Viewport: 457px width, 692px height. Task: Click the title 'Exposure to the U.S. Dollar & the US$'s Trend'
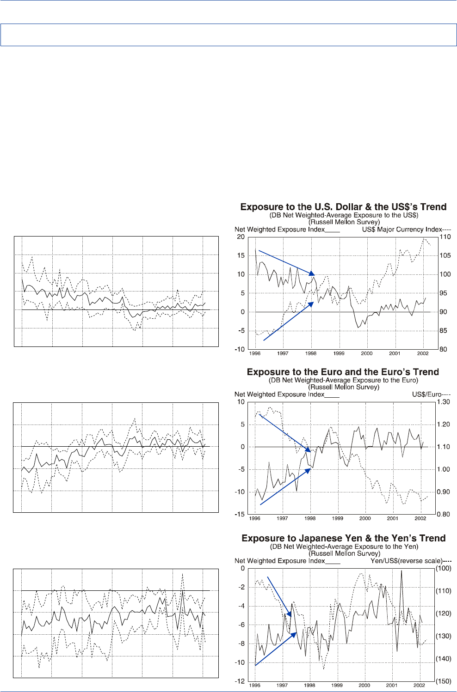pos(343,207)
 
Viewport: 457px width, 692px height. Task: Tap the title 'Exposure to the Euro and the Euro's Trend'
pos(343,372)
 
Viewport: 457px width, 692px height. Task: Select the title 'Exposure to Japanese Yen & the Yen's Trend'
pos(343,538)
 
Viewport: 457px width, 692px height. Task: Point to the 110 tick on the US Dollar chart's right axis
pos(445,237)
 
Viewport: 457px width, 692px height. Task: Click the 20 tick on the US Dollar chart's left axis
pos(241,237)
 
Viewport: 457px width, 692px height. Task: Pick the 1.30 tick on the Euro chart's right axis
pos(443,402)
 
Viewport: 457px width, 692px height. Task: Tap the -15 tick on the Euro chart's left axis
pos(240,515)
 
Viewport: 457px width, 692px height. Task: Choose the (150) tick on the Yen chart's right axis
pos(444,681)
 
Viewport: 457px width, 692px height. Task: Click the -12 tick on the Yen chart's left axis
pos(240,681)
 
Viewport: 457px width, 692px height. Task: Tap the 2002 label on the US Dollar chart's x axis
pos(422,353)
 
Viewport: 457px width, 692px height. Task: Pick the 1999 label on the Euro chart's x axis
pos(338,518)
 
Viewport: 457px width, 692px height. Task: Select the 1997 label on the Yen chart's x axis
pos(282,686)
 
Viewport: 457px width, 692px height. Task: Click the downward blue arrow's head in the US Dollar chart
pos(313,274)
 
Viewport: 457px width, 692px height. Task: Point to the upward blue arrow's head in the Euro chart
pos(309,471)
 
